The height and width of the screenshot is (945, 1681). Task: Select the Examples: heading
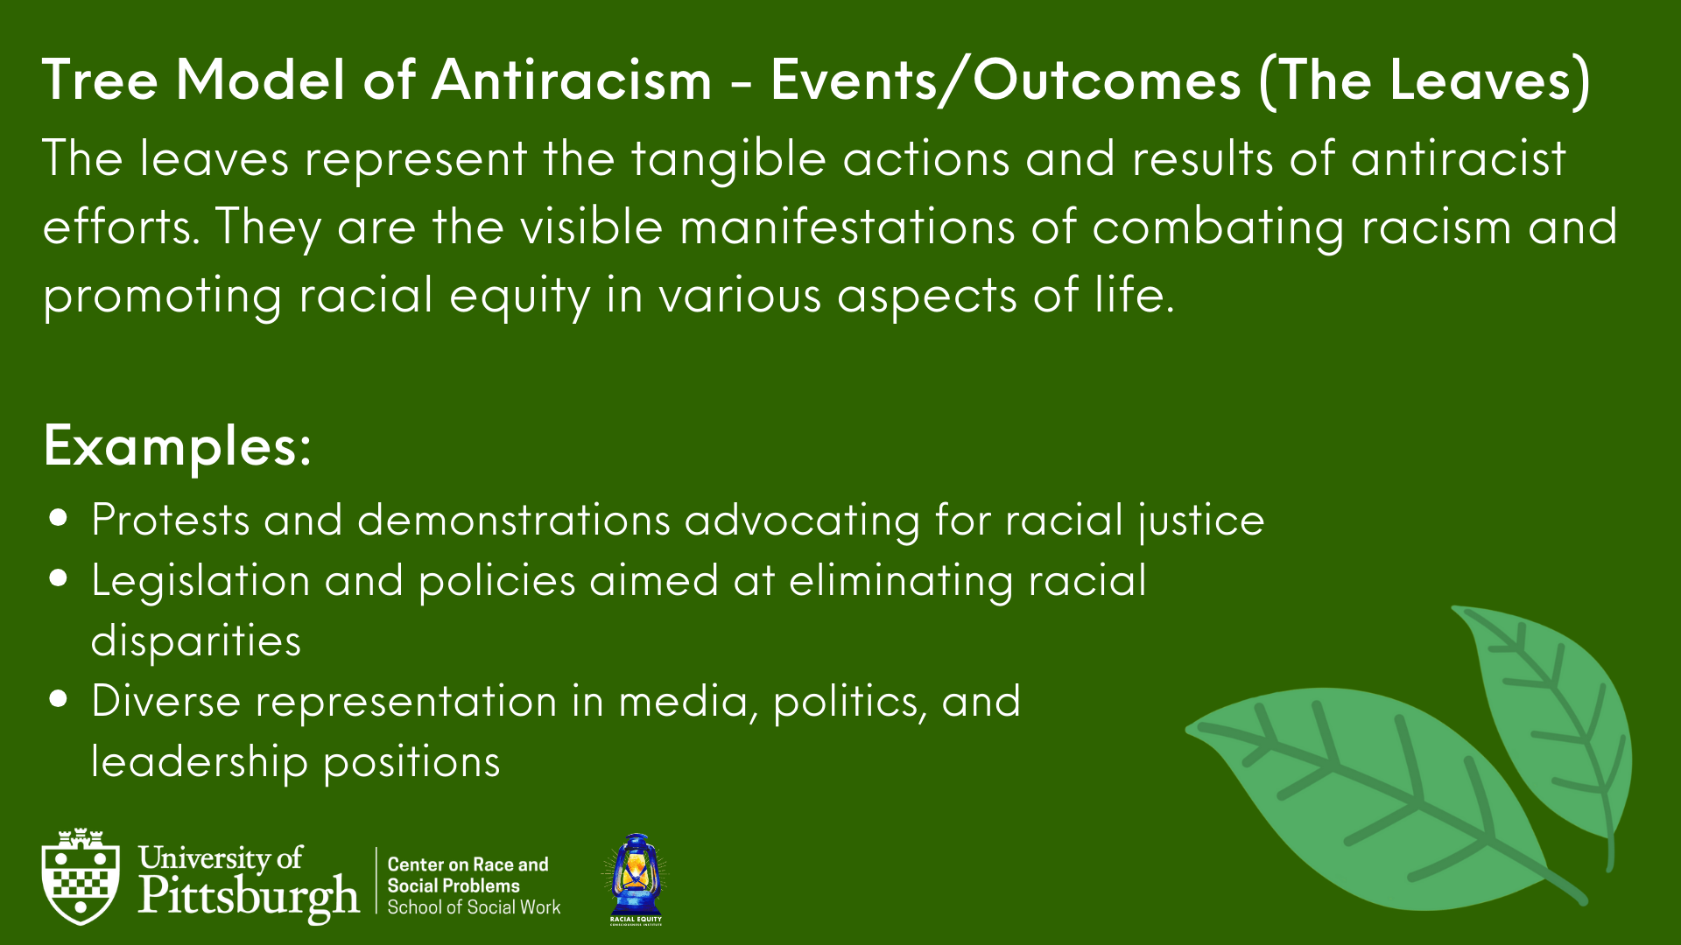177,447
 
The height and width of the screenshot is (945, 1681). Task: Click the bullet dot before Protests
59,517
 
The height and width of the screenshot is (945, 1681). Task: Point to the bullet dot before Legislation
59,577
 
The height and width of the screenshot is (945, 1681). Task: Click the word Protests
171,520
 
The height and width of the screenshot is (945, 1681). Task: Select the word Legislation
200,582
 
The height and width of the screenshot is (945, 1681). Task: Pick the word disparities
196,642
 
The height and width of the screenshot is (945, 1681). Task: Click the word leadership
200,762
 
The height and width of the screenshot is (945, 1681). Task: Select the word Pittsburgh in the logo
249,898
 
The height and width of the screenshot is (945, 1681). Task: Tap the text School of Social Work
474,907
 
